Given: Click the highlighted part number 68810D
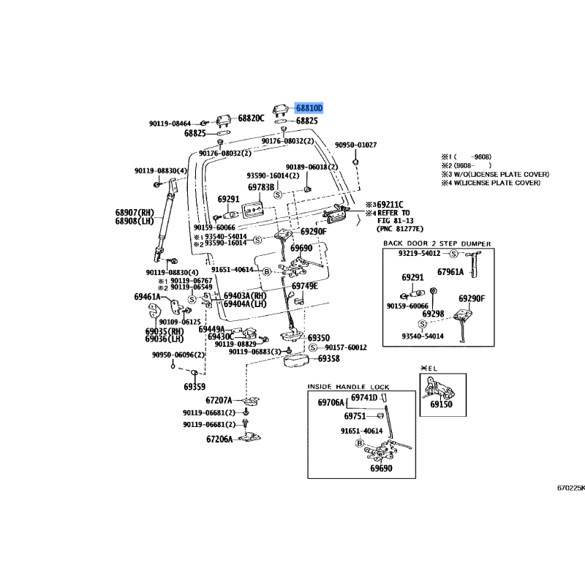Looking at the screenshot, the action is pos(309,108).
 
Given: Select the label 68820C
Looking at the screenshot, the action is pos(251,118).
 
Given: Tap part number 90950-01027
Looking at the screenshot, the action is pos(355,145).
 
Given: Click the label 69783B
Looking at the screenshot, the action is pos(261,187).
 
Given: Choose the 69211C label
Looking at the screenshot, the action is pos(390,205).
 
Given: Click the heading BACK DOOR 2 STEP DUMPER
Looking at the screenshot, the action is pos(437,244).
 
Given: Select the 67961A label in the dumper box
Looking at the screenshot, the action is pos(450,272).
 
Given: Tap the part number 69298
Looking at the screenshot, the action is pos(433,314).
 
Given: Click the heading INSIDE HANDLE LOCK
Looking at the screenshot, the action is pos(348,387).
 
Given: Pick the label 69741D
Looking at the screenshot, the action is pos(364,398).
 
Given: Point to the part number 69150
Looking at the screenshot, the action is pos(441,404).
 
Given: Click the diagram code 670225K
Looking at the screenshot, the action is pos(571,488).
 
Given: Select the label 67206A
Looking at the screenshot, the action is pos(219,439).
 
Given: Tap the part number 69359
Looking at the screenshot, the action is pos(195,387).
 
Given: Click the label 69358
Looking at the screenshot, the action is pos(328,358).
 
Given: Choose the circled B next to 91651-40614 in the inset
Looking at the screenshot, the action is pos(360,443).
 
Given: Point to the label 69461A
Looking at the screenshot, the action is pos(148,297).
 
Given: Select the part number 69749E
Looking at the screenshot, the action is pos(305,286).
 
